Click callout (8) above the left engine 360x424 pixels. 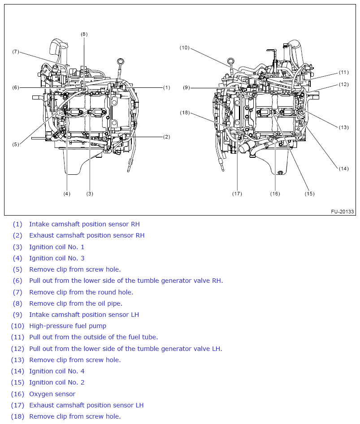coord(84,34)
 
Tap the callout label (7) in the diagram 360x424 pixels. coord(16,52)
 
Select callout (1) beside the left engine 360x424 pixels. coord(166,87)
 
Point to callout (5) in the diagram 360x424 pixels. coord(16,144)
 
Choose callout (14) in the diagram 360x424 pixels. coord(343,169)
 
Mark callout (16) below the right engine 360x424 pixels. coord(275,194)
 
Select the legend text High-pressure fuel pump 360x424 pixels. coord(68,326)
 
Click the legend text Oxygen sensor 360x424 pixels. coord(52,394)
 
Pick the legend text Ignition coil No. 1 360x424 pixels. coord(56,247)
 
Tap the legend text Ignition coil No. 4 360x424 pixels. coord(56,371)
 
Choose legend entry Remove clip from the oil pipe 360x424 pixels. coord(75,303)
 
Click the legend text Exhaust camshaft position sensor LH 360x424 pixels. coord(86,405)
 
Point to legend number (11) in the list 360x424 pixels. coord(17,337)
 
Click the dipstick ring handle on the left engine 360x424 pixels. coord(120,61)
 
